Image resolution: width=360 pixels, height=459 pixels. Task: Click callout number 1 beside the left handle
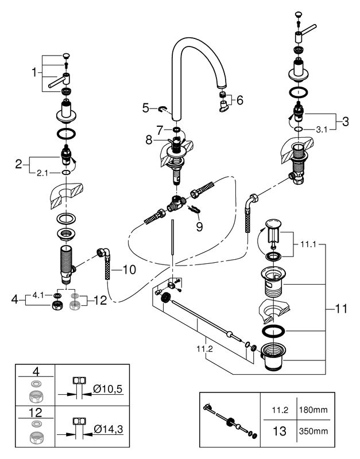pos(35,72)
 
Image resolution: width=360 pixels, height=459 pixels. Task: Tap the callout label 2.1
pos(42,173)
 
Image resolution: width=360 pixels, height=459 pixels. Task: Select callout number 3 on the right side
pos(345,121)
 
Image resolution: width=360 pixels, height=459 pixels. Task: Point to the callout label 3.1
pos(322,130)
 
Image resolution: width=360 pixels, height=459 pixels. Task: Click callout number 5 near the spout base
pos(146,108)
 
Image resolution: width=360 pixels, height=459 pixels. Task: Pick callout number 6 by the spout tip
pos(239,100)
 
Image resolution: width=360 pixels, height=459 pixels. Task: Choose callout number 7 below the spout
pos(160,130)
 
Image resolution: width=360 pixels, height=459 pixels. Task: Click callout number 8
pos(149,140)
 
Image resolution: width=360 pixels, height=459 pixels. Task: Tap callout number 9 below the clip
pos(199,226)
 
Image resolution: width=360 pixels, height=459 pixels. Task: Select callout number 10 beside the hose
pos(129,270)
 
